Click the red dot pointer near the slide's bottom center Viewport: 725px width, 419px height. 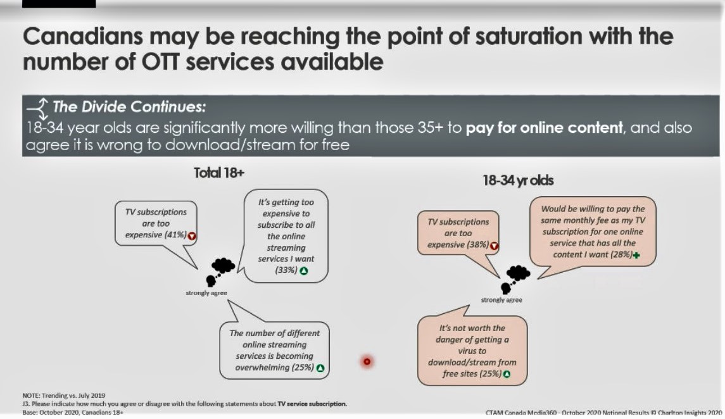pyautogui.click(x=367, y=361)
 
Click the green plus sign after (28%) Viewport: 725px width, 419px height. pyautogui.click(x=637, y=255)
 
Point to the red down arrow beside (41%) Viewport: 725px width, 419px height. pyautogui.click(x=192, y=236)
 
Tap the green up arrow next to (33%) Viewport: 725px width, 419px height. pyautogui.click(x=304, y=271)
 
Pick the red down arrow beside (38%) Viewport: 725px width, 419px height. pyautogui.click(x=495, y=246)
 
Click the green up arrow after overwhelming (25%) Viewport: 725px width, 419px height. pyautogui.click(x=320, y=368)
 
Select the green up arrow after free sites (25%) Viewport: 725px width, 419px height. pyautogui.click(x=507, y=374)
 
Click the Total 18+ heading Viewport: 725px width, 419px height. pyautogui.click(x=218, y=173)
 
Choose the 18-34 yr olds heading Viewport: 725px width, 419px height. pyautogui.click(x=518, y=180)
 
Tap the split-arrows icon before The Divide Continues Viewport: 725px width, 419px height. pyautogui.click(x=38, y=109)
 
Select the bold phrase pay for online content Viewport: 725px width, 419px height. pyautogui.click(x=544, y=127)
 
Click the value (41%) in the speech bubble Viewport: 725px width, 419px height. pyautogui.click(x=175, y=235)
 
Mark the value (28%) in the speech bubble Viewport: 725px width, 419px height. pyautogui.click(x=621, y=254)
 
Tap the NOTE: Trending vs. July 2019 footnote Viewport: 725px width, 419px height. pyautogui.click(x=64, y=396)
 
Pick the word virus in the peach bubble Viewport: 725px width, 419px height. pyautogui.click(x=472, y=351)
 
